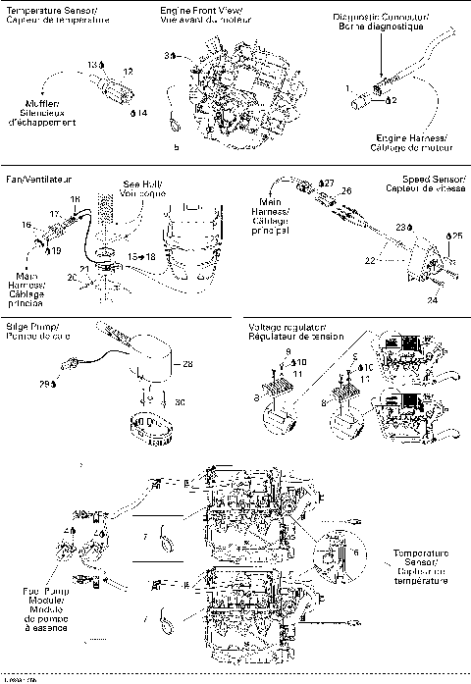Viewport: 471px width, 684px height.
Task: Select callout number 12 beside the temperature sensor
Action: [x=127, y=71]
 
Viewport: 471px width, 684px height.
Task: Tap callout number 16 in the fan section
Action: [x=26, y=225]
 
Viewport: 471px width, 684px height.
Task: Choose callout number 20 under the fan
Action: [x=73, y=278]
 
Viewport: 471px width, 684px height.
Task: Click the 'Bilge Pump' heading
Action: [x=30, y=330]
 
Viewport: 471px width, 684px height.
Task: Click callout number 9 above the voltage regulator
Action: [x=288, y=351]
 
